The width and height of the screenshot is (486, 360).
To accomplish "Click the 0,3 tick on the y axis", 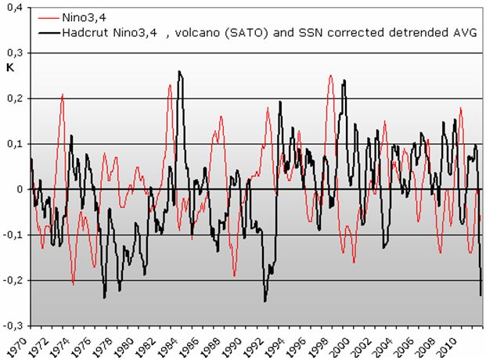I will (x=16, y=53).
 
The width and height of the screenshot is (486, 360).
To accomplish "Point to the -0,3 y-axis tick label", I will (x=13, y=326).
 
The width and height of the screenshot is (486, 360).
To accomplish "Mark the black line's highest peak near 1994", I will (x=179, y=71).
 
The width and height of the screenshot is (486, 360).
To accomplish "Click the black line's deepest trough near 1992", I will (x=265, y=301).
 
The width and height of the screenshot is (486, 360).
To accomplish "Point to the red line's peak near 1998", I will (x=330, y=75).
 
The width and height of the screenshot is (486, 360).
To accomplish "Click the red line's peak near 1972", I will (x=63, y=94).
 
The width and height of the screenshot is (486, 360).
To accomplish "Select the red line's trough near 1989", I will (x=234, y=276).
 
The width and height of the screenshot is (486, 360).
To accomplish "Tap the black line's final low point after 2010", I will (x=480, y=295).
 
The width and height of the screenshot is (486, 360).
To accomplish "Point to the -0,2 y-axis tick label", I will (x=13, y=280).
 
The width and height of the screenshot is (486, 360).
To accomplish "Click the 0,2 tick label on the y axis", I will (x=16, y=99).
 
